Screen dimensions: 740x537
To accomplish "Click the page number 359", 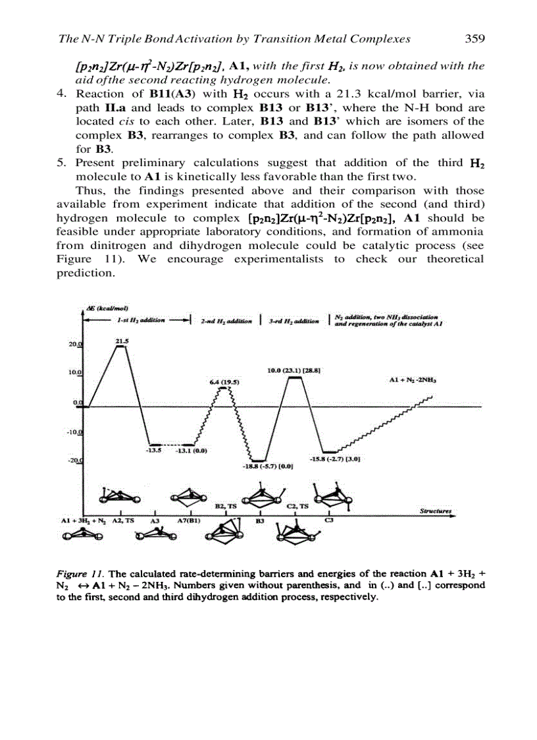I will tap(474, 39).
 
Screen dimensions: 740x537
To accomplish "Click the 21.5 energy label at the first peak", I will tap(122, 341).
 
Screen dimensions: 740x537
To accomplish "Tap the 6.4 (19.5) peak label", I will tap(224, 382).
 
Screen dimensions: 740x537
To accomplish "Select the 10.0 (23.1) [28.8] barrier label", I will tap(294, 372).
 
